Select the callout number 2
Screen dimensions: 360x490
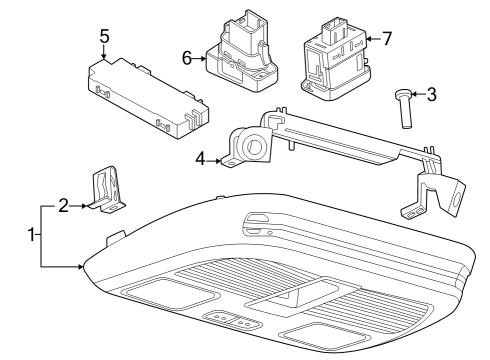(64, 206)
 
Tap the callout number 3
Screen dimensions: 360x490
(431, 96)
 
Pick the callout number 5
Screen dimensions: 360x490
(104, 36)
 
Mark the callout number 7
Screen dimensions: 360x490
(386, 39)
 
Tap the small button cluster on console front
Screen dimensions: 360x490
(232, 321)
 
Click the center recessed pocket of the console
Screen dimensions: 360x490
(284, 295)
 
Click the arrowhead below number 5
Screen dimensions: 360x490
(104, 56)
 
